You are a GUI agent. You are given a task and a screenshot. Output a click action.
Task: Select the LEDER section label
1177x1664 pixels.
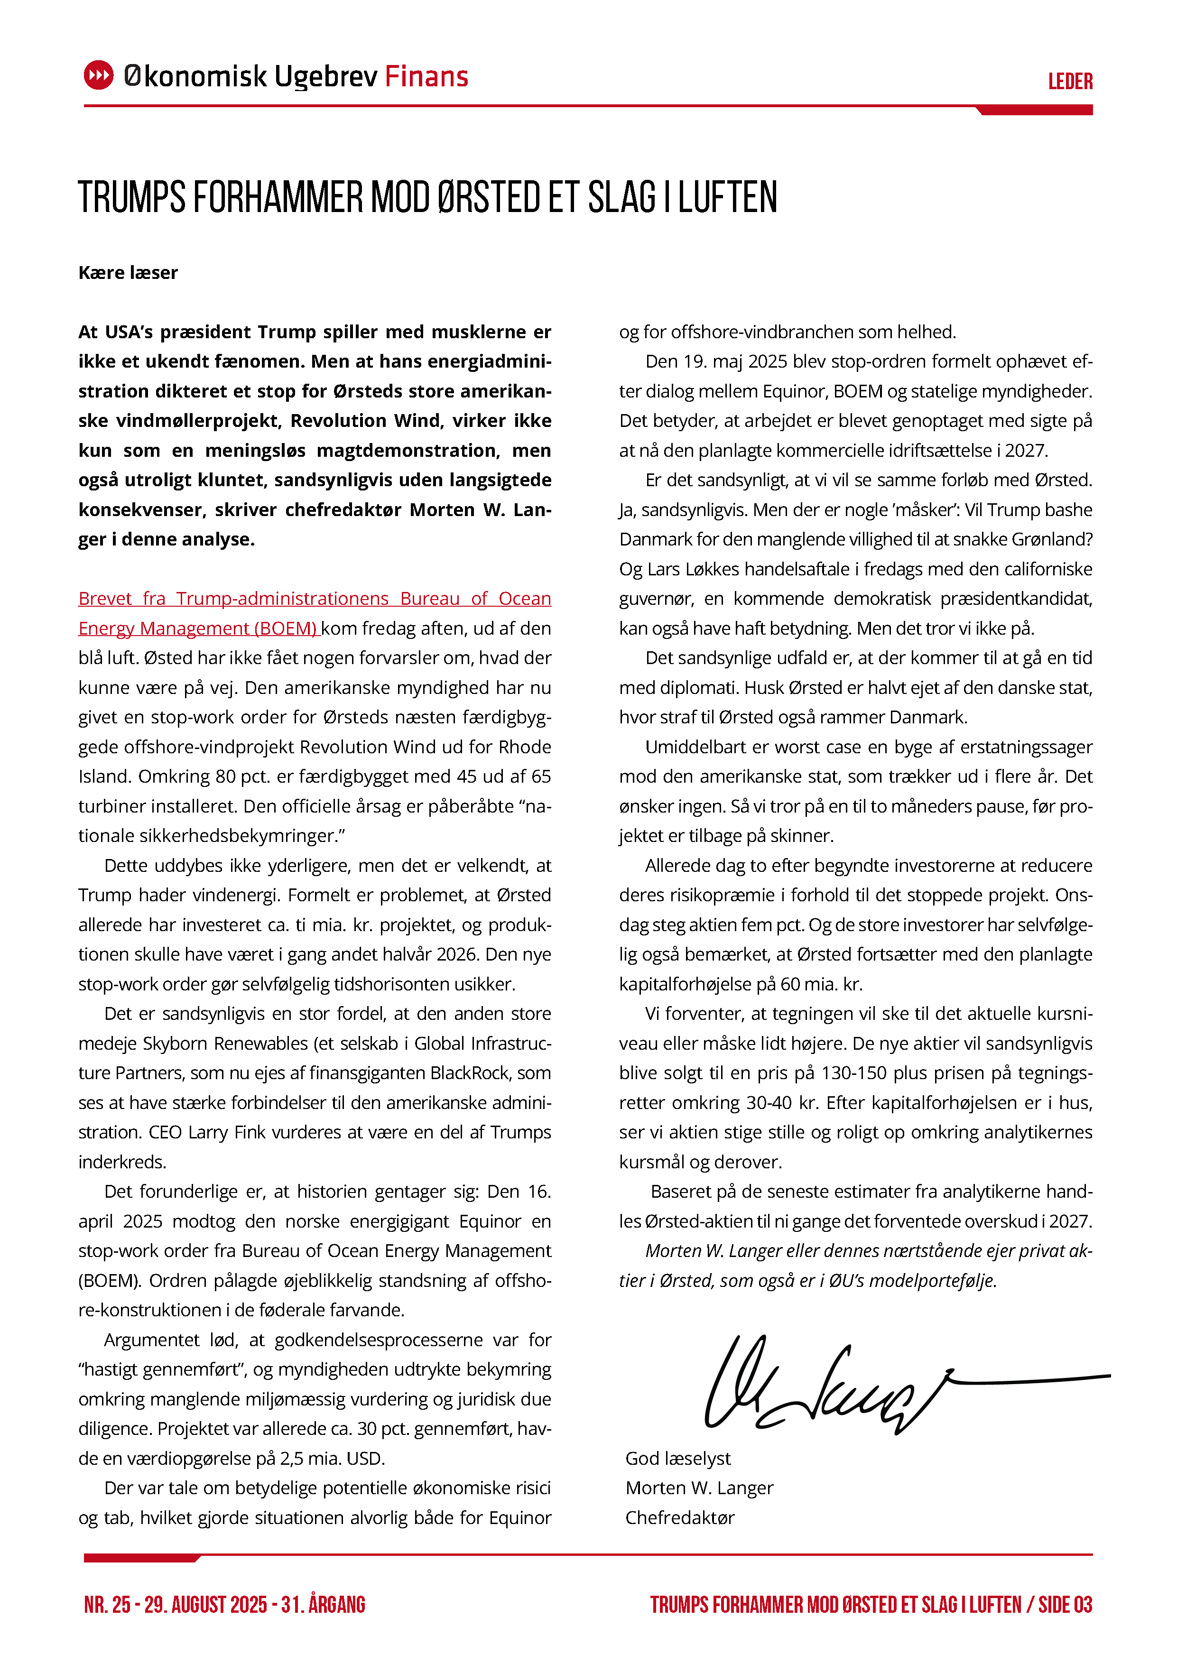[1070, 81]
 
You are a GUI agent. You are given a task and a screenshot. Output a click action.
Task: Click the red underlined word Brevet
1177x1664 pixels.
[105, 599]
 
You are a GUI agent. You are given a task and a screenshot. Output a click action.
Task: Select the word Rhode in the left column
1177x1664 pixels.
[526, 747]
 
